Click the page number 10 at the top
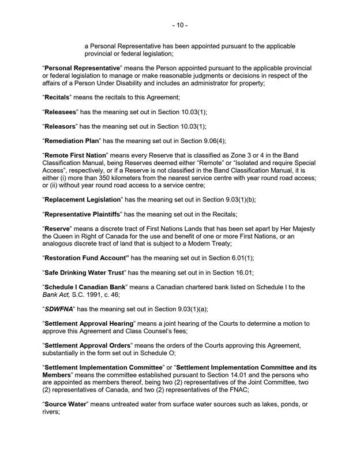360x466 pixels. [x=179, y=25]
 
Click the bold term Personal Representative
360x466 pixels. [x=82, y=68]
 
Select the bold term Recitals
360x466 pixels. [x=59, y=98]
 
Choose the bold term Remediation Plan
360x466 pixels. [x=73, y=140]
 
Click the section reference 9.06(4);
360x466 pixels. [x=213, y=140]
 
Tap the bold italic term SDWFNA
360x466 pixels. [x=58, y=309]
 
